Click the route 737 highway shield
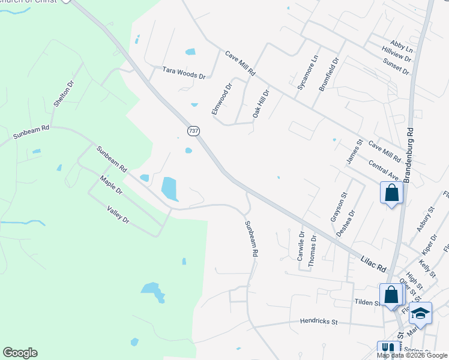tap(193, 131)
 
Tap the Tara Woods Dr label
tap(184, 73)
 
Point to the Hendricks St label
tap(319, 322)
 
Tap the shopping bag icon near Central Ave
tap(391, 193)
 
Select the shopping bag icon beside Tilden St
tap(391, 295)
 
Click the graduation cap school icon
tap(420, 313)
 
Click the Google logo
tap(20, 353)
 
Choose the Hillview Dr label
tap(396, 56)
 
